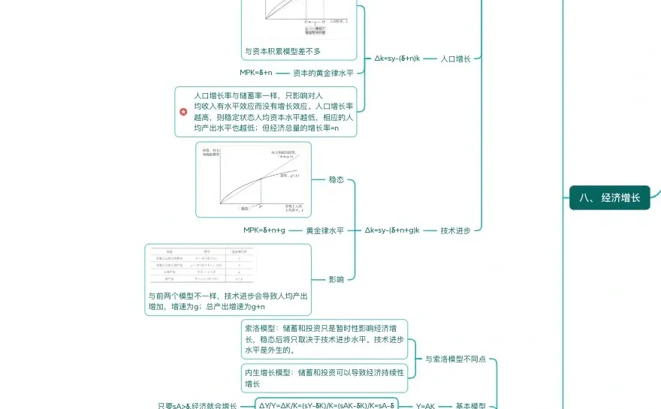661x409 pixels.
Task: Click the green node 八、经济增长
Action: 609,197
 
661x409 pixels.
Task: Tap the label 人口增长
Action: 456,58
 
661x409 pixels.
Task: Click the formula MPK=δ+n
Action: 256,73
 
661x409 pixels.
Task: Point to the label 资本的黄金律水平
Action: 323,73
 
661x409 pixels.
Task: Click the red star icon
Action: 183,112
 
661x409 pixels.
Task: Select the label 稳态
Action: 337,180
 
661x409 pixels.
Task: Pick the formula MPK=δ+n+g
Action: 264,230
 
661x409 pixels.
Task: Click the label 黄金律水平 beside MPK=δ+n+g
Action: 324,230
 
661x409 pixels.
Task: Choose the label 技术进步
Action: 456,230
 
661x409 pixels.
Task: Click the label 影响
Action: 337,279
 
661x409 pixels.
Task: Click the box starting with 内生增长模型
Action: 324,377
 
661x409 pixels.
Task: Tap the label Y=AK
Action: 426,406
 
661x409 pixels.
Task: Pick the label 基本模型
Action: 471,406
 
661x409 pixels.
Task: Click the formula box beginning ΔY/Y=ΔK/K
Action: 327,405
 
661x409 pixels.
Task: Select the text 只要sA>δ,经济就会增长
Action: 198,406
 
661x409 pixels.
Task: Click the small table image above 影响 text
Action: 201,266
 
